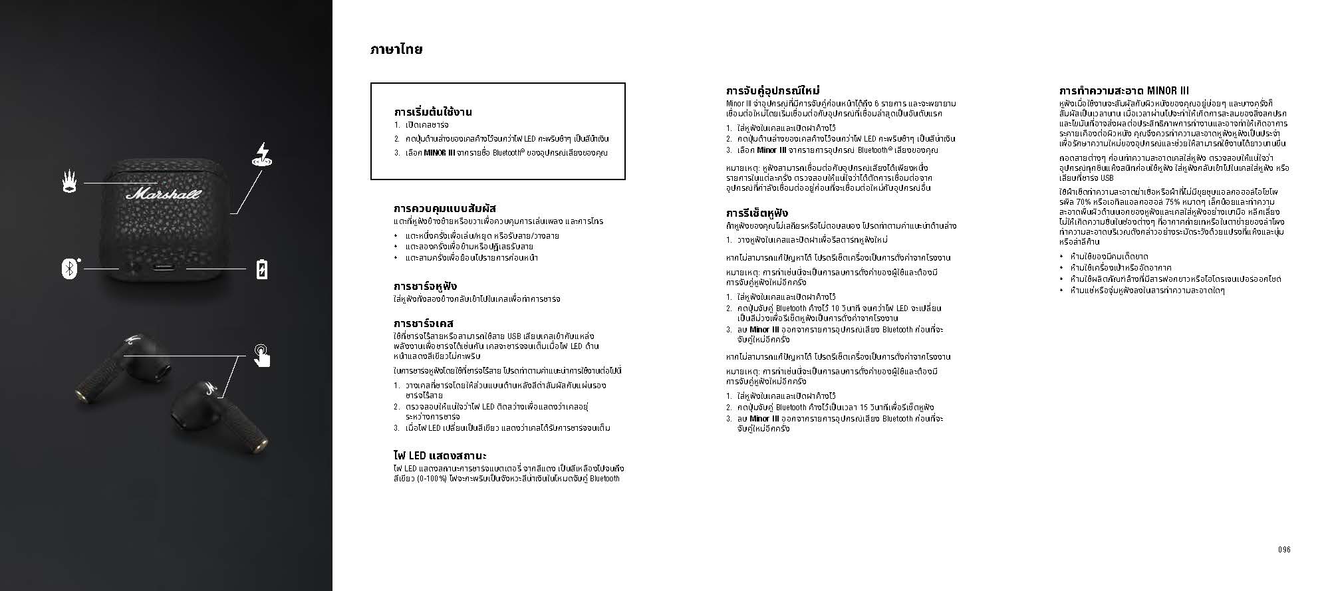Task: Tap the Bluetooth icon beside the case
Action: [70, 269]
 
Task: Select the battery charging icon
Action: [262, 270]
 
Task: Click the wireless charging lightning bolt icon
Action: [261, 155]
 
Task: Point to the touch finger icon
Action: [262, 354]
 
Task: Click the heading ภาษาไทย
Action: [396, 50]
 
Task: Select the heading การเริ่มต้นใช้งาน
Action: [433, 112]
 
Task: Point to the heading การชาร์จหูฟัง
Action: [425, 287]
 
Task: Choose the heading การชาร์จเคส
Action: [423, 324]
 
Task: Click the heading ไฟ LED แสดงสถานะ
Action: [440, 455]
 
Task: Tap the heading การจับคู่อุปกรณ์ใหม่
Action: [773, 90]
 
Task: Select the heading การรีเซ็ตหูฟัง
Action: [757, 213]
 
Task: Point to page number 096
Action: [1283, 550]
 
